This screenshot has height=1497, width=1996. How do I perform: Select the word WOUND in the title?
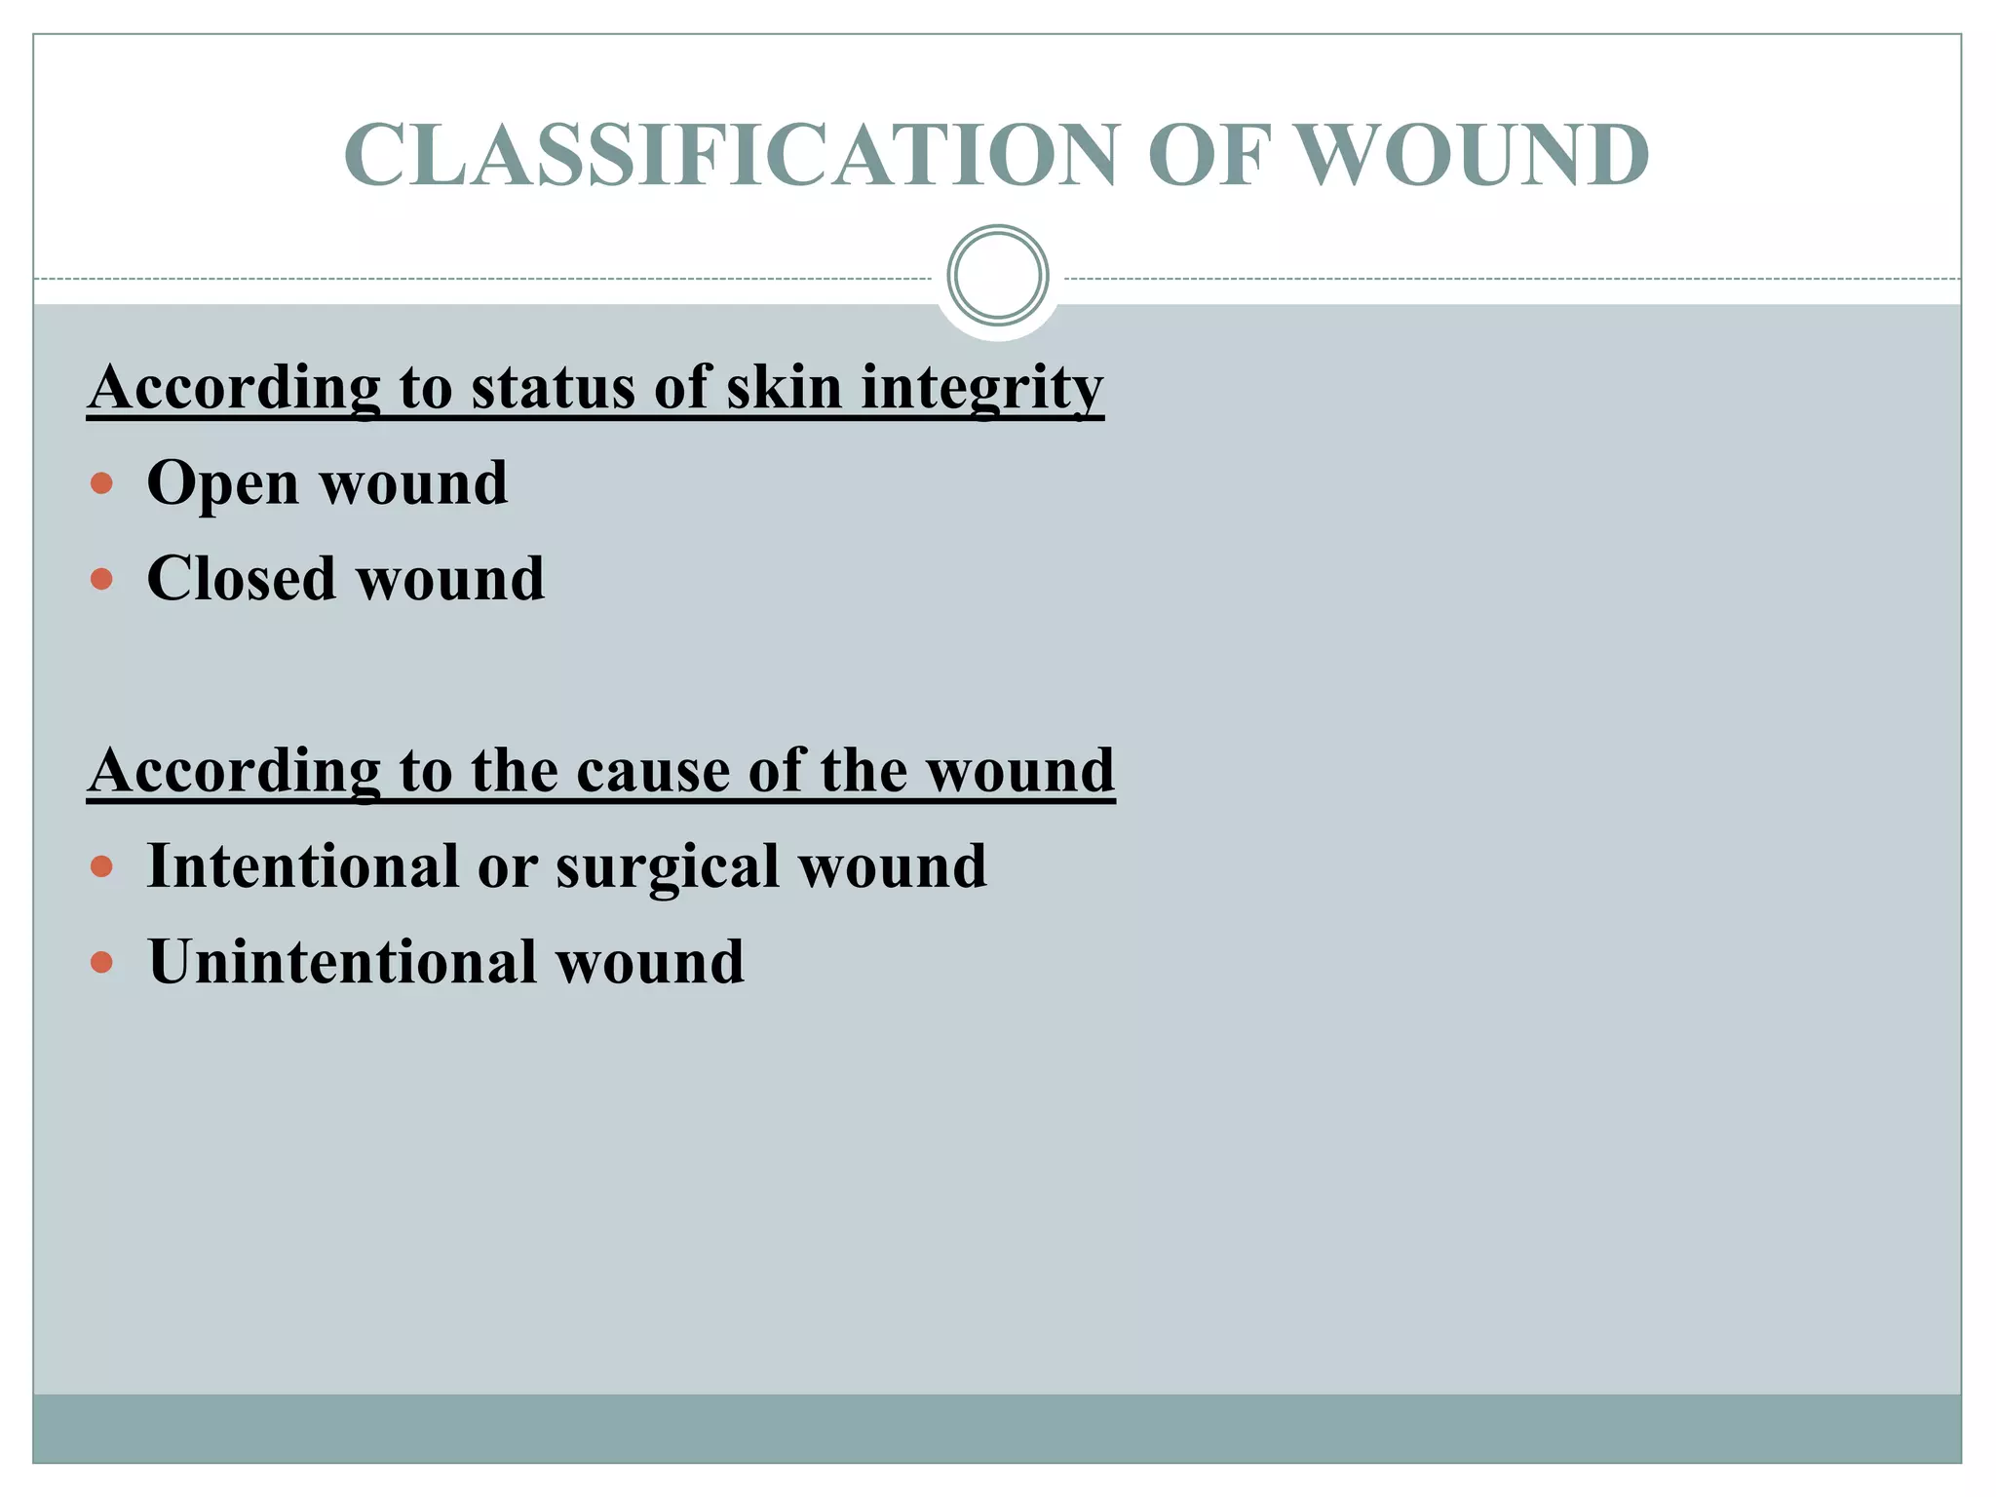1475,156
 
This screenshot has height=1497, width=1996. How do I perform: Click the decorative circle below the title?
998,276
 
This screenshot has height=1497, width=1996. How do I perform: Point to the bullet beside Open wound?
101,483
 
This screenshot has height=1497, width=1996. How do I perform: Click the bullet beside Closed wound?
101,580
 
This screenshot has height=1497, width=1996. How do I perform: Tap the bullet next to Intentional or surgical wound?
101,866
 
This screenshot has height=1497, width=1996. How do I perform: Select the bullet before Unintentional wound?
101,963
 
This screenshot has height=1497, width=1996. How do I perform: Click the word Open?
222,483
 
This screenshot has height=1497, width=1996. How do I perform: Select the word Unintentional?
341,962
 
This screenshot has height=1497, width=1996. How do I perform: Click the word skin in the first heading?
784,387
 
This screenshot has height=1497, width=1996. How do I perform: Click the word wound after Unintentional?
650,962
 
